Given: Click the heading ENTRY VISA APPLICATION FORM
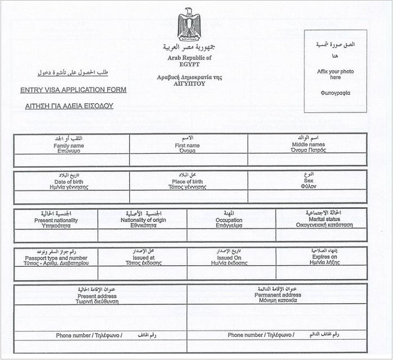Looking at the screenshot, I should [x=73, y=90].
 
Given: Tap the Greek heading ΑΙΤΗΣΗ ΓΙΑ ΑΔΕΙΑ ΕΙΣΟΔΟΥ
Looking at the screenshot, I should [x=69, y=106].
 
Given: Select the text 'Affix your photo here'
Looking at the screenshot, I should [x=335, y=74].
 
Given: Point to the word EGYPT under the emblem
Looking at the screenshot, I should [x=189, y=64].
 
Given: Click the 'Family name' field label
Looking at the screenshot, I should [x=69, y=146].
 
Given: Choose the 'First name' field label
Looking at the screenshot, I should [x=188, y=145].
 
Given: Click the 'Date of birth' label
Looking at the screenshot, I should [x=69, y=182].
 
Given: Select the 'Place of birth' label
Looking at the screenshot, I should [x=188, y=182].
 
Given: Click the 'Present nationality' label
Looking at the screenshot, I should [x=56, y=220].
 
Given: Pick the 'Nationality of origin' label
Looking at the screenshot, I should [x=143, y=220].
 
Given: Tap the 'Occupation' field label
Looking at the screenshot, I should [x=231, y=220].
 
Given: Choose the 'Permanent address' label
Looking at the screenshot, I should [x=277, y=295].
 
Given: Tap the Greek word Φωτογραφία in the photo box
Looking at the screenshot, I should [x=335, y=93].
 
